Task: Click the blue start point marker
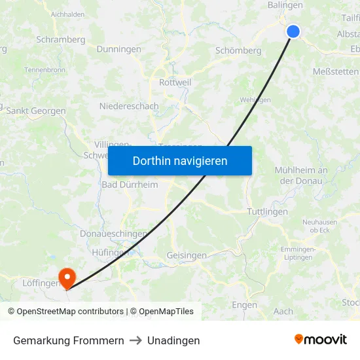coord(293,31)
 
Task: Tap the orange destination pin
coord(67,278)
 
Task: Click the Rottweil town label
coord(175,82)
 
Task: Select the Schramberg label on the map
coord(61,39)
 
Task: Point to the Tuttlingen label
coord(268,211)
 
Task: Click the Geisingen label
coord(187,255)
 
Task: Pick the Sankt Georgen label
coord(36,111)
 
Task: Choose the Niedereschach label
coord(129,105)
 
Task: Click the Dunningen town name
coord(118,49)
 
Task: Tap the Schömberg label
coord(238,50)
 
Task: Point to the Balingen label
coord(285,5)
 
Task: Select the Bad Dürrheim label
coord(130,185)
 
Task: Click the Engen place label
coord(244,305)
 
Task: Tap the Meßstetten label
coord(336,71)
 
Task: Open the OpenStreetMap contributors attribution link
coord(65,312)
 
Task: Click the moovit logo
coord(320,340)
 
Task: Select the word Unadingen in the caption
coord(173,340)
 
